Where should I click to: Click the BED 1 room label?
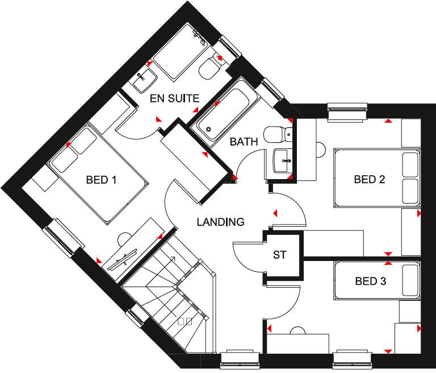click(101, 180)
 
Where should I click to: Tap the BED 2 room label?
click(370, 180)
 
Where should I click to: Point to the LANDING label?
click(220, 222)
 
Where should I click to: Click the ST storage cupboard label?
click(280, 255)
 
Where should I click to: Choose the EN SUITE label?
click(174, 98)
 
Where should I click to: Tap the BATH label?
click(244, 142)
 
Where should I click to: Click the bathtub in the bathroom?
click(225, 110)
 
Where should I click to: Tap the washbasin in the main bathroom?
click(282, 160)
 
